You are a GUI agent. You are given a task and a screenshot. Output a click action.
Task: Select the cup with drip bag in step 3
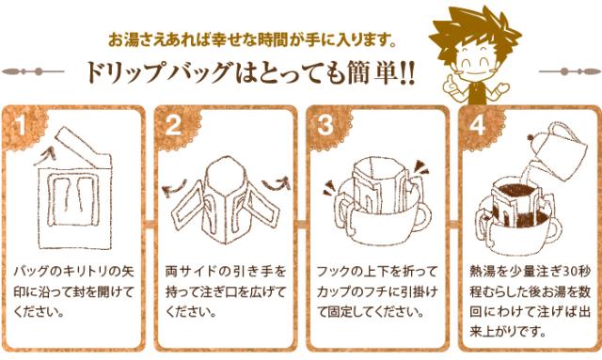(x=377, y=202)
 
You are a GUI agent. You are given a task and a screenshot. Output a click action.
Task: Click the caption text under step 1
(x=76, y=291)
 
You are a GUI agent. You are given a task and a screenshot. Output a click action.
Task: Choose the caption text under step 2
(x=227, y=291)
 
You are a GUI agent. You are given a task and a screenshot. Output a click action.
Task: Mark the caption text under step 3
(x=377, y=291)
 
